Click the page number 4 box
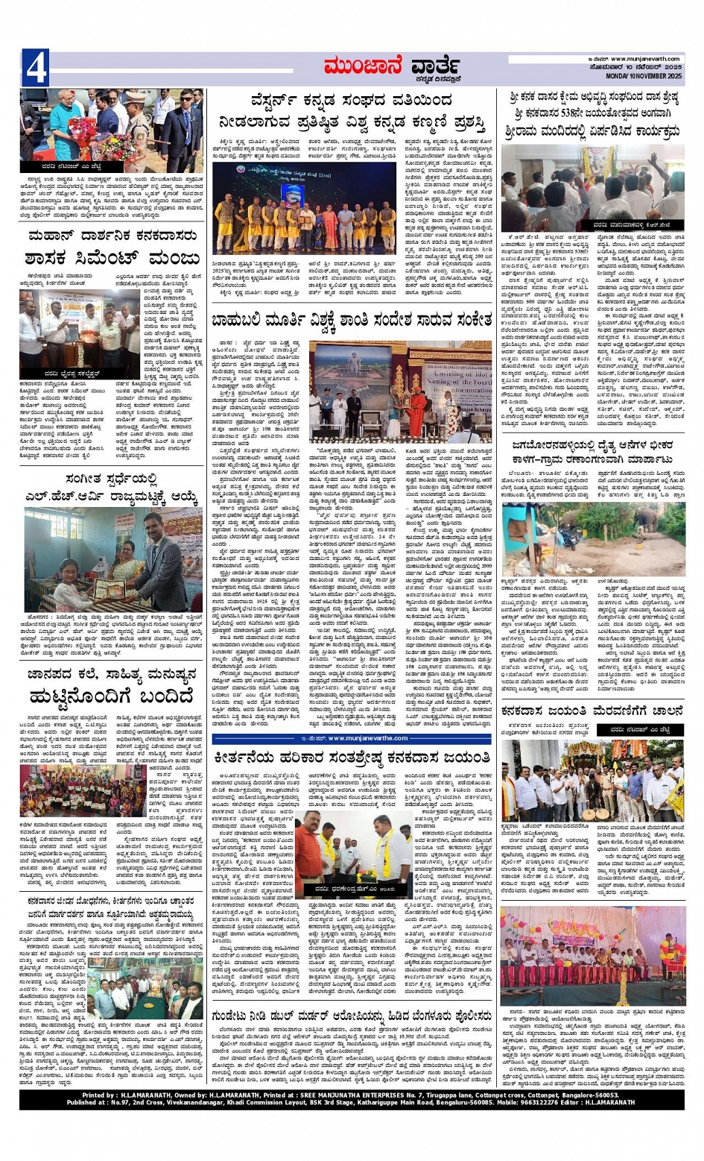pos(35,68)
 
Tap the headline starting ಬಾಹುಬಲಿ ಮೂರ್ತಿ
pos(352,320)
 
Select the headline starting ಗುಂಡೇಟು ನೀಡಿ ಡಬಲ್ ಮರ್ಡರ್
pos(351,1016)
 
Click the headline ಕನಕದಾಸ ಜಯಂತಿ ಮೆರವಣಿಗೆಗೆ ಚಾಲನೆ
pos(592,711)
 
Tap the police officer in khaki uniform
pos(135,119)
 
